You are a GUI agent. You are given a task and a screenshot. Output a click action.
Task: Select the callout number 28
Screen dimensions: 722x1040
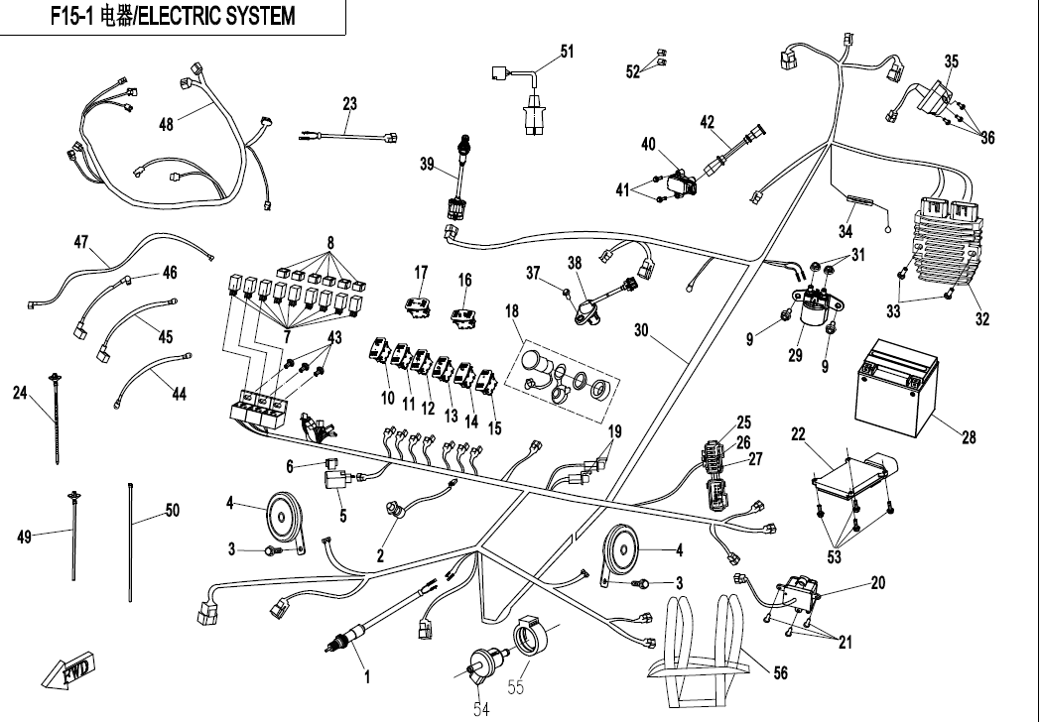click(x=968, y=436)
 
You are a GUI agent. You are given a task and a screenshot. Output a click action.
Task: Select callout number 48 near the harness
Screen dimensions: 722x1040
click(x=167, y=125)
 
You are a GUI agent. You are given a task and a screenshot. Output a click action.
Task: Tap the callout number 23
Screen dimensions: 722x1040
click(x=349, y=103)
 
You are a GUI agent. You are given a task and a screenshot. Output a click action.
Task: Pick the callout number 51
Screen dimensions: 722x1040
click(x=567, y=52)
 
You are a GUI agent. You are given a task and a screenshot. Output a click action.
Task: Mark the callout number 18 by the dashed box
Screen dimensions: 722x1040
click(x=511, y=311)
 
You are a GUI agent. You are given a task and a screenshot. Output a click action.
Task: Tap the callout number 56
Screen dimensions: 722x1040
click(x=780, y=673)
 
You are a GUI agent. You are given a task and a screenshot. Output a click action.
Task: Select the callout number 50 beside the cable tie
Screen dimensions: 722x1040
click(x=172, y=511)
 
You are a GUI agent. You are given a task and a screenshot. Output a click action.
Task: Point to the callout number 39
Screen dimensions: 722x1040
click(x=428, y=165)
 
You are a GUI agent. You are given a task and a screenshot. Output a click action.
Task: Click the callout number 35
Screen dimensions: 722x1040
click(x=951, y=61)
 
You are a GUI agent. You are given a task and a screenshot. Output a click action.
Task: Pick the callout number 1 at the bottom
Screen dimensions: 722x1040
click(x=366, y=678)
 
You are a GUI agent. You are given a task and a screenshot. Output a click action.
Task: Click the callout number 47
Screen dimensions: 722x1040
click(x=81, y=241)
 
